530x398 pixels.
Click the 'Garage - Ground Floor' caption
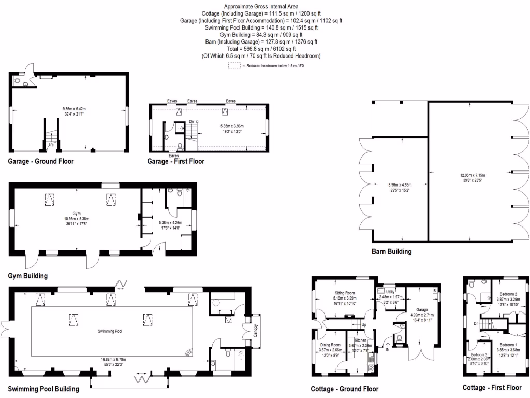pos(41,161)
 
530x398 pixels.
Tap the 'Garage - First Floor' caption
pos(176,161)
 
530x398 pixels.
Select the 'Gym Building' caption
pos(28,276)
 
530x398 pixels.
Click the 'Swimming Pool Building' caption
pos(43,389)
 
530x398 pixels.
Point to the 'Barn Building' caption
pos(391,252)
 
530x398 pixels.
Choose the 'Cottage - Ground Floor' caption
pos(344,389)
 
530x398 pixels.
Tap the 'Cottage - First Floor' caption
pos(492,388)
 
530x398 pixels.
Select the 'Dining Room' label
pos(329,345)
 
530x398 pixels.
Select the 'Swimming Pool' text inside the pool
pos(112,331)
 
